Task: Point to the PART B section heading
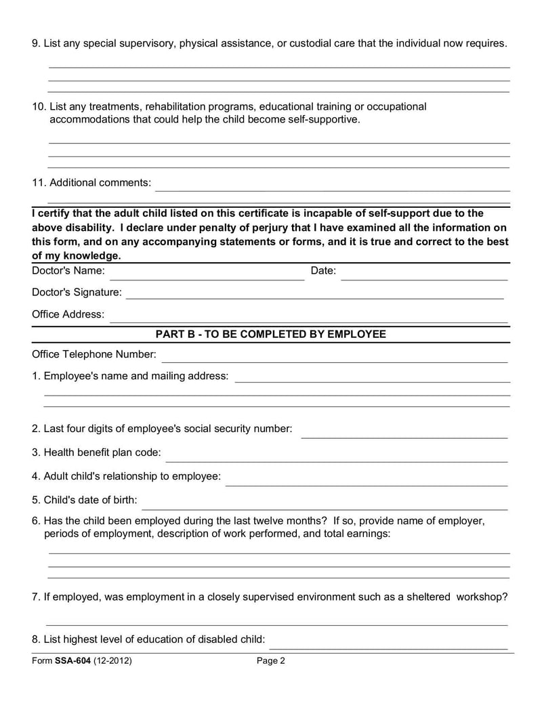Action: (271, 335)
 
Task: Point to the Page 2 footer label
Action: (271, 661)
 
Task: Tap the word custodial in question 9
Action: (303, 43)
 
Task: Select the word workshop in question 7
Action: (482, 597)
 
